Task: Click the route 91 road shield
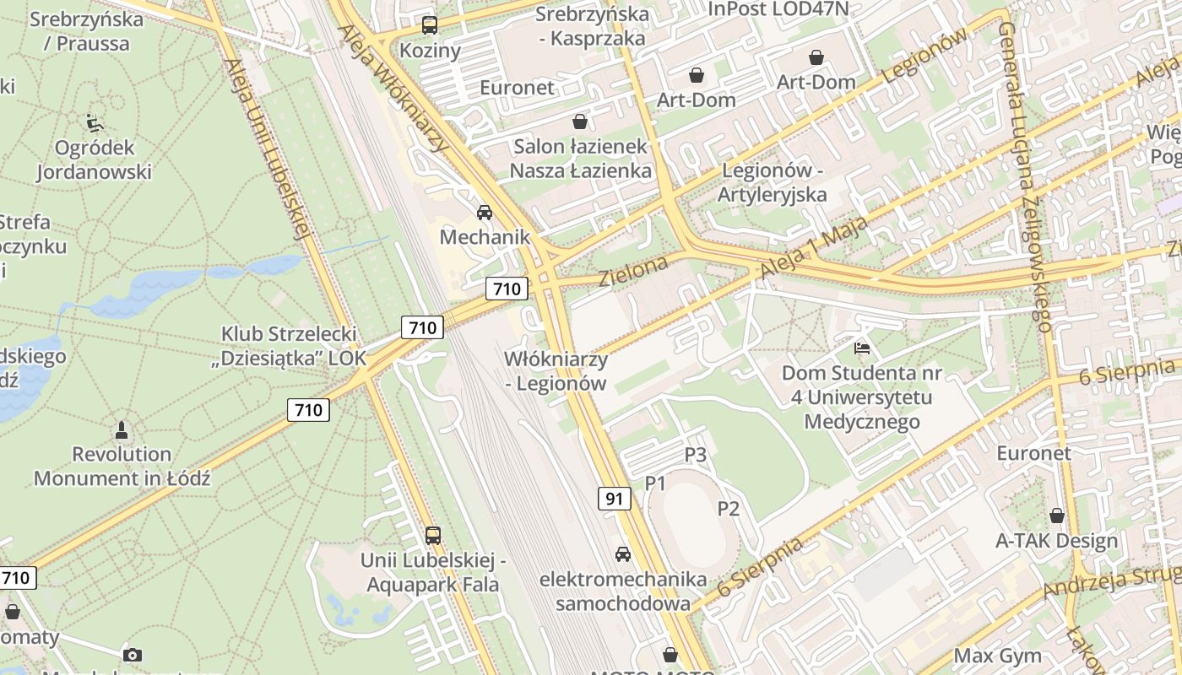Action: pyautogui.click(x=615, y=499)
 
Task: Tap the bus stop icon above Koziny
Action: pyautogui.click(x=430, y=25)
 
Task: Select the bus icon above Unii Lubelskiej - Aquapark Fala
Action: pyautogui.click(x=433, y=535)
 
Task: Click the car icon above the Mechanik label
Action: pyautogui.click(x=485, y=212)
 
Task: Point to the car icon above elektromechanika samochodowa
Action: pyautogui.click(x=623, y=554)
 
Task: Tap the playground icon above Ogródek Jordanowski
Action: pyautogui.click(x=94, y=123)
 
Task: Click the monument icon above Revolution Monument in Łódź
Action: pyautogui.click(x=122, y=429)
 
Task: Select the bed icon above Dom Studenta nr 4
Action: pyautogui.click(x=862, y=348)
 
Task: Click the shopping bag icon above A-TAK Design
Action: pyautogui.click(x=1057, y=516)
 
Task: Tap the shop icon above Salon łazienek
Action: pyautogui.click(x=580, y=122)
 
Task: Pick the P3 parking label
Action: pyautogui.click(x=695, y=455)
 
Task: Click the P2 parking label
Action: pyautogui.click(x=728, y=508)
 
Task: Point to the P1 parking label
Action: pyautogui.click(x=656, y=483)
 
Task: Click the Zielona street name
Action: pyautogui.click(x=633, y=271)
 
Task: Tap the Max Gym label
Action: pyautogui.click(x=997, y=656)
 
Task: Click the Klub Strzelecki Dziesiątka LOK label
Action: pyautogui.click(x=288, y=346)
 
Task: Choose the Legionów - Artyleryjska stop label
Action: pyautogui.click(x=772, y=182)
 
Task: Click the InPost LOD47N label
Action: pyautogui.click(x=778, y=9)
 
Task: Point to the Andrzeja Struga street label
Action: pyautogui.click(x=1111, y=582)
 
